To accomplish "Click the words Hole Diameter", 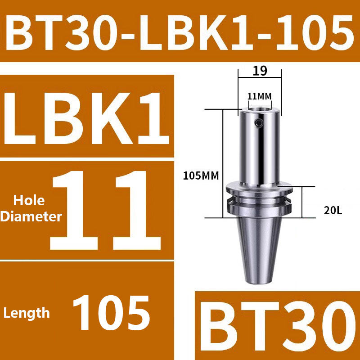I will pyautogui.click(x=31, y=208).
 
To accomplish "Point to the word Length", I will pyautogui.click(x=27, y=312).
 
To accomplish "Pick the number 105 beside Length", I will pyautogui.click(x=111, y=312).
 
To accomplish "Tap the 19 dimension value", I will pyautogui.click(x=260, y=71).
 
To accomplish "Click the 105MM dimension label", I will pyautogui.click(x=200, y=176).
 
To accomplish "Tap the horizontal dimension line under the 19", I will pyautogui.click(x=260, y=77).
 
